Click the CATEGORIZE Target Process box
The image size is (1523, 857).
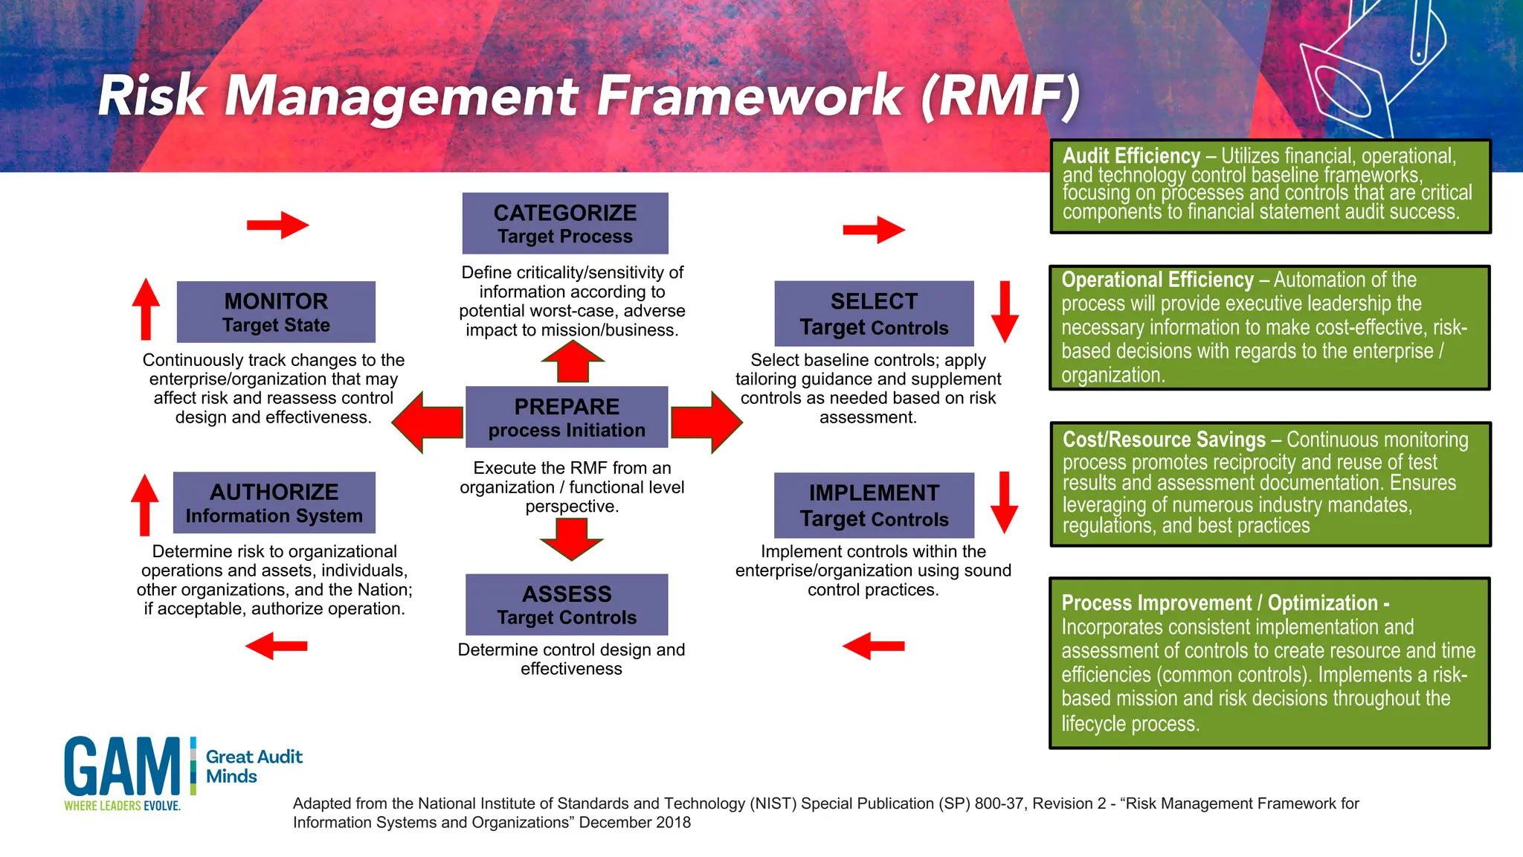[x=565, y=223]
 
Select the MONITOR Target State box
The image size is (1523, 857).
[x=276, y=312]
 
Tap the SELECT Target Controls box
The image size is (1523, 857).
[x=874, y=313]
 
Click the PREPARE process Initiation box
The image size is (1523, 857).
[x=567, y=417]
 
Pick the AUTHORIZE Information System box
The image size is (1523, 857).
[x=274, y=502]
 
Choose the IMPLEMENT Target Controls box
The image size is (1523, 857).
[x=874, y=505]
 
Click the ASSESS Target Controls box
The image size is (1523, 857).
[x=567, y=604]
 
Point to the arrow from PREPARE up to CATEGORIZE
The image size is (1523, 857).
[x=572, y=362]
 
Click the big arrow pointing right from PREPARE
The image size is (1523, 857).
[x=706, y=422]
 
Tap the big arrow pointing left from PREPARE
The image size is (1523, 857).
[x=428, y=422]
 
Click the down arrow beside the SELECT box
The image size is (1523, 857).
[x=1005, y=312]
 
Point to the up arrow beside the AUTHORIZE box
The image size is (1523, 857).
[x=145, y=504]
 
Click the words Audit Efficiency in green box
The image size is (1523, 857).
[x=1131, y=156]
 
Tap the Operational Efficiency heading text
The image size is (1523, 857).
[x=1157, y=280]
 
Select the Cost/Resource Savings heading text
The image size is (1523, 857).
[x=1164, y=440]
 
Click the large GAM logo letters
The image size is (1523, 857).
[x=122, y=767]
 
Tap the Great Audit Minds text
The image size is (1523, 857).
[x=254, y=766]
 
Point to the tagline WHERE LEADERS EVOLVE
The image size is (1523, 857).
[x=122, y=806]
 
